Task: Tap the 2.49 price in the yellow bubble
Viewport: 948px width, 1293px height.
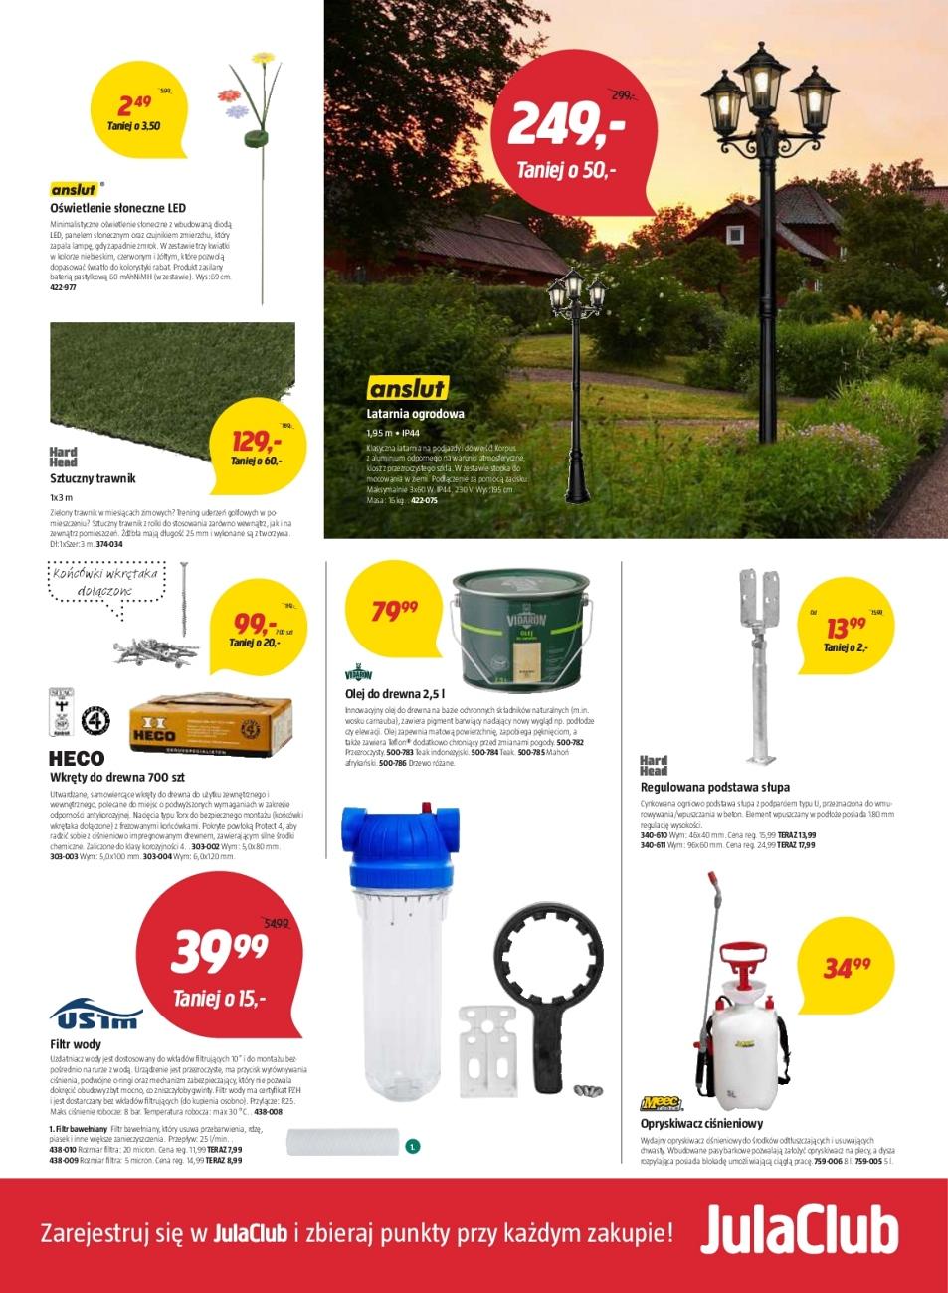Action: coord(134,104)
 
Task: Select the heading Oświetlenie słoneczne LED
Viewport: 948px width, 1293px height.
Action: coord(117,209)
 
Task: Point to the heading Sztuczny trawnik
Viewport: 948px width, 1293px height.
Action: coord(93,478)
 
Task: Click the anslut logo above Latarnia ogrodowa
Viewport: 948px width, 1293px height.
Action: coord(407,388)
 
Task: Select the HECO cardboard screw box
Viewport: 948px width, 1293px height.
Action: coord(210,725)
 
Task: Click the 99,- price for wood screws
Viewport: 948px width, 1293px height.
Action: coord(254,625)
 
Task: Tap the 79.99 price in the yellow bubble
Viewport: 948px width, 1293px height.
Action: coord(394,611)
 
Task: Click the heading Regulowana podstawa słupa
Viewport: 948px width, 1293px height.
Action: coord(714,787)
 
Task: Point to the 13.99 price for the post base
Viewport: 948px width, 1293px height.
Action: coord(846,628)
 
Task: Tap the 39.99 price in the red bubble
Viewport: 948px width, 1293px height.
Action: coord(220,952)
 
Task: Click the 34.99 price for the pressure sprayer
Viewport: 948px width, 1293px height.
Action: coord(847,966)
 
